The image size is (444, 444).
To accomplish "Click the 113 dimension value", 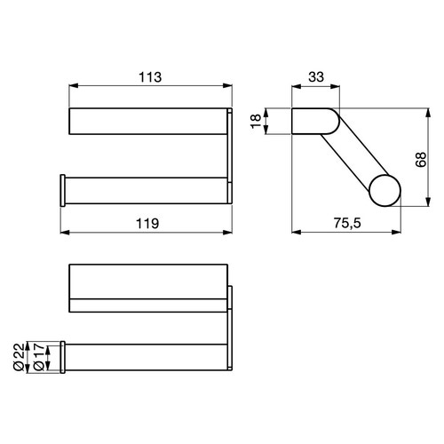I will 148,76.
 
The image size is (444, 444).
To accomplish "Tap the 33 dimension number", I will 316,76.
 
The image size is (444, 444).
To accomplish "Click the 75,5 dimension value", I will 346,224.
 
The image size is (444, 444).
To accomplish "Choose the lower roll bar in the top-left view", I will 147,191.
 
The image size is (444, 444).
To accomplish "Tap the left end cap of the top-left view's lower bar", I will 63,191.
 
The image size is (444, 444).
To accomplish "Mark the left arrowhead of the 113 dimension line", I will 74,87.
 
